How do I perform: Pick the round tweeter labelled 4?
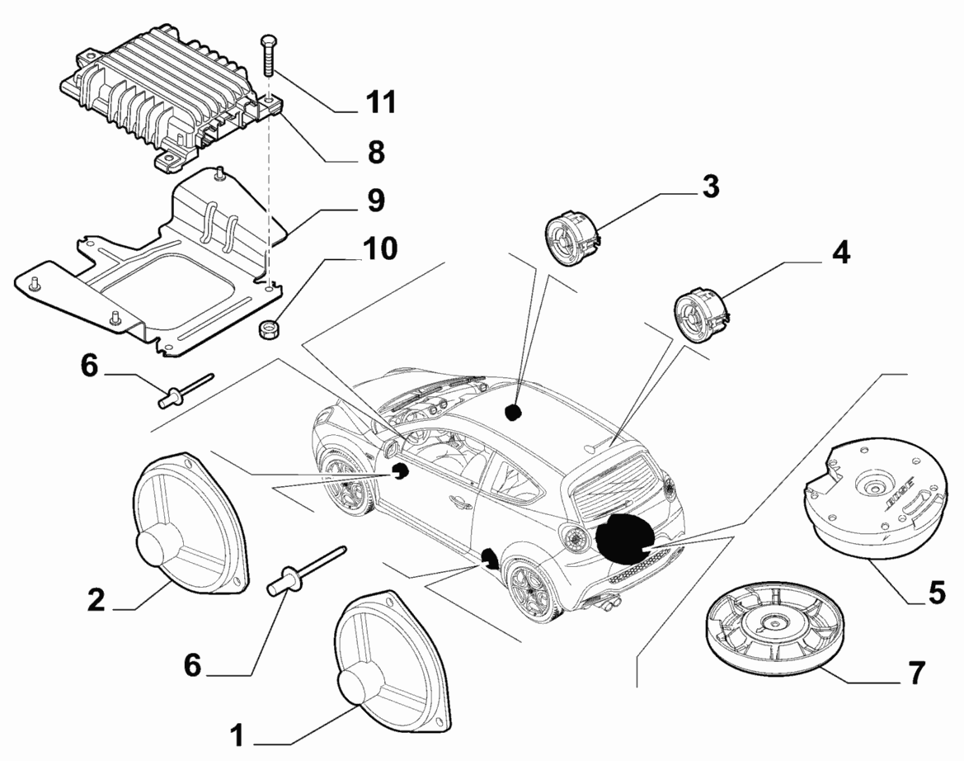pos(700,314)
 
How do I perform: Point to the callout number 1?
pos(237,734)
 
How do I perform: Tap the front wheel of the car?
pos(344,487)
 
